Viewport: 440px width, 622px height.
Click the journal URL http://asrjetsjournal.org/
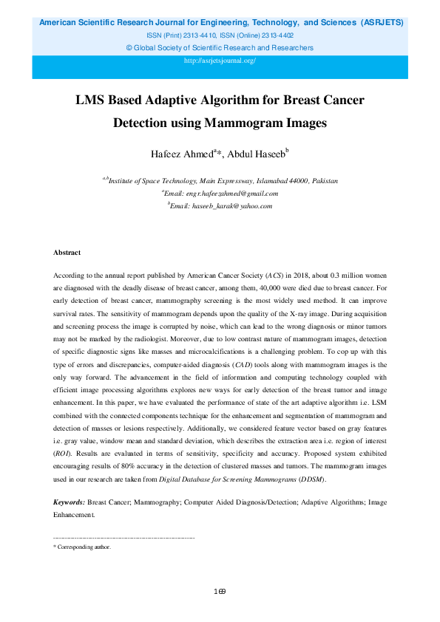click(220, 61)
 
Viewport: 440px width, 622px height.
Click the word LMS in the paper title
click(93, 100)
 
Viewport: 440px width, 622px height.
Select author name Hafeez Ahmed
click(182, 154)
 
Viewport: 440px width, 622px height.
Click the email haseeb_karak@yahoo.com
click(223, 206)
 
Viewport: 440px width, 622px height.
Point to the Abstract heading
click(67, 253)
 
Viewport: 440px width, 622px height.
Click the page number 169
click(219, 591)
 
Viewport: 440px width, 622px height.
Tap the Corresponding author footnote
click(84, 547)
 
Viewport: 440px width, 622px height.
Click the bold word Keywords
click(69, 502)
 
